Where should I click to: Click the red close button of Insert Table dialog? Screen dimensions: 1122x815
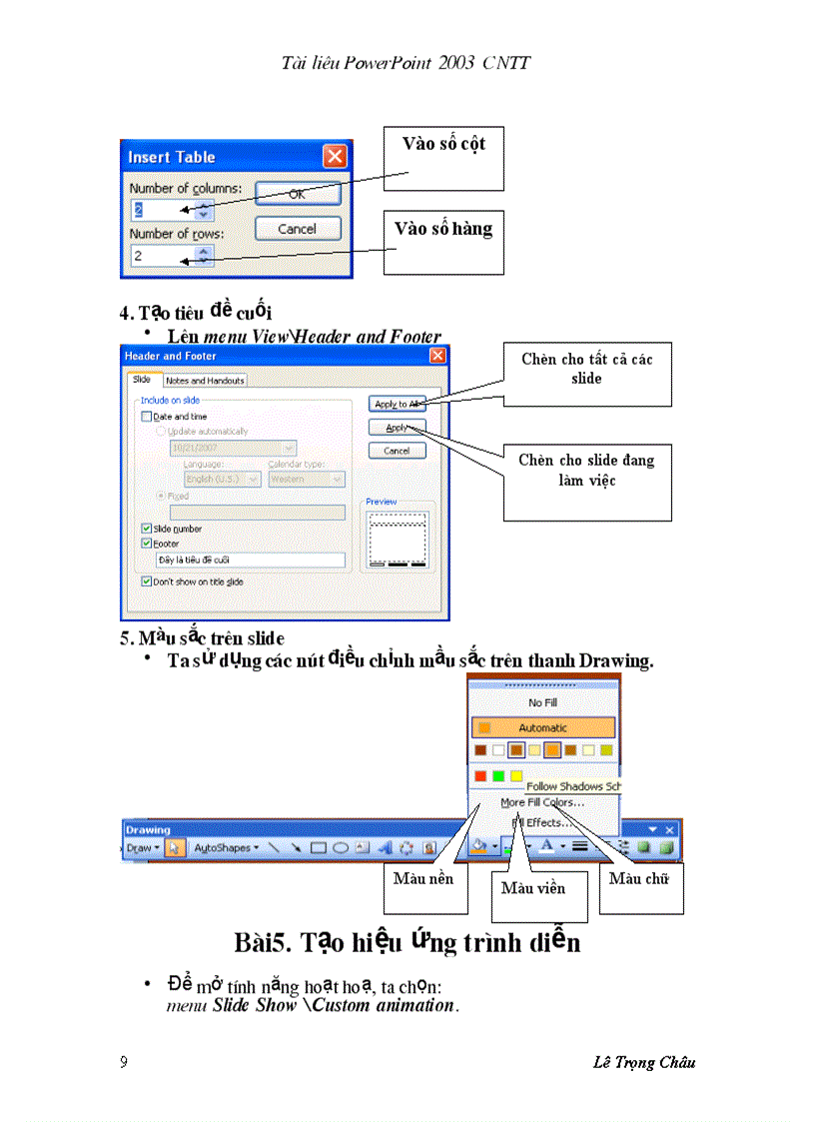coord(335,157)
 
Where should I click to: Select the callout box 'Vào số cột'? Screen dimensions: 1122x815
coord(444,158)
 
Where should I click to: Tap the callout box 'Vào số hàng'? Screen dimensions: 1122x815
coord(443,242)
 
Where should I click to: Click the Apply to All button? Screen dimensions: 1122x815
coord(397,404)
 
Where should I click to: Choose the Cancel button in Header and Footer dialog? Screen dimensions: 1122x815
coord(397,451)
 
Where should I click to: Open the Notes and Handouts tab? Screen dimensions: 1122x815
coord(205,381)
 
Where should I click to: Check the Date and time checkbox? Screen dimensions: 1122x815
coord(147,417)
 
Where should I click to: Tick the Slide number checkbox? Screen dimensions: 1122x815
coord(147,529)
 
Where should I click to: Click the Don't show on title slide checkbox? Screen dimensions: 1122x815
coord(147,581)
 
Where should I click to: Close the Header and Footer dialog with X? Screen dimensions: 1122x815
coord(437,357)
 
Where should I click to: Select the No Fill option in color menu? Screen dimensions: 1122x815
coord(543,703)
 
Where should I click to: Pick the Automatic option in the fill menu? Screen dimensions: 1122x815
coord(543,728)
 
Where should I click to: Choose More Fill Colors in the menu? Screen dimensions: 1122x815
coord(543,802)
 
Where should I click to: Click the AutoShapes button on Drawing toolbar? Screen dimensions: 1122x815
coord(224,847)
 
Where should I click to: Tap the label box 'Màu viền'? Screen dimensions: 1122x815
coord(533,888)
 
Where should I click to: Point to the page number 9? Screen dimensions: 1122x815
coord(124,1062)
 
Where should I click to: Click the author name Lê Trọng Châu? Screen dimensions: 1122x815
coord(643,1062)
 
